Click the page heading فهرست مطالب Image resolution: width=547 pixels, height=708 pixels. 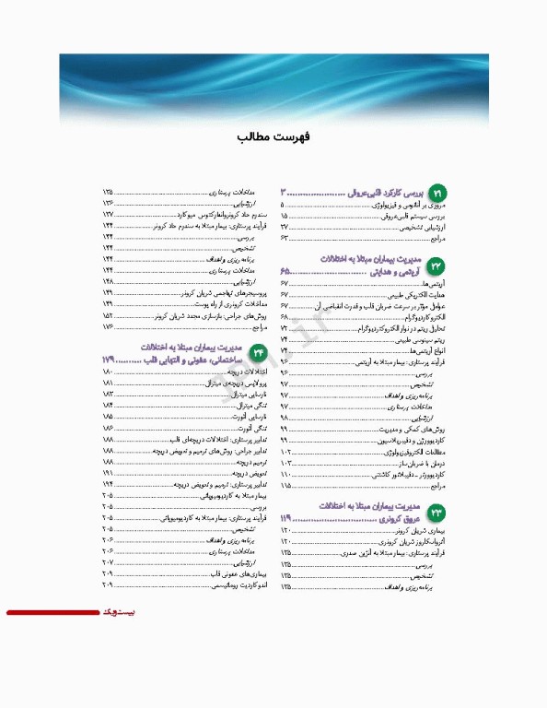point(273,136)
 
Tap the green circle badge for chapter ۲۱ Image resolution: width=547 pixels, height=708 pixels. point(436,193)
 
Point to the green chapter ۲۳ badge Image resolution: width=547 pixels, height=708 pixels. point(436,513)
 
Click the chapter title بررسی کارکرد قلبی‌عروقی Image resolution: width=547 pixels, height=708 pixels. point(380,193)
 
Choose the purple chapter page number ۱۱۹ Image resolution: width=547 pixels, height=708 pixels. point(287,521)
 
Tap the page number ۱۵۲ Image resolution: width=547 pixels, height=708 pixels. point(108,315)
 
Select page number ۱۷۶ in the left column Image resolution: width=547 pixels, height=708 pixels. point(108,327)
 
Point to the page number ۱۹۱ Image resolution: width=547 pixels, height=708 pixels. point(108,471)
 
